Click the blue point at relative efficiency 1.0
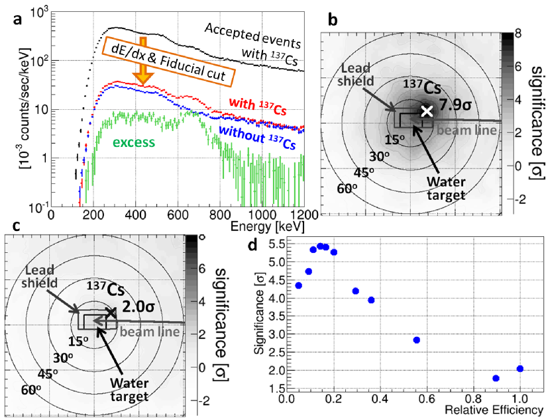520,369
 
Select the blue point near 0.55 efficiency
416,340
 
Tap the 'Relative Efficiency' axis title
499,410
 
